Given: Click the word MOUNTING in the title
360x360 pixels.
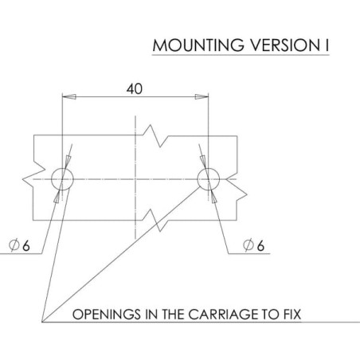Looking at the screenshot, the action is [x=198, y=45].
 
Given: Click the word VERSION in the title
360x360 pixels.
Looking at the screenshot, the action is [x=283, y=45].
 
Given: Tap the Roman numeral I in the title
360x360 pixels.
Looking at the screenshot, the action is [x=327, y=45].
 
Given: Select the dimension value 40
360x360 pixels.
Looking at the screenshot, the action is [x=135, y=89].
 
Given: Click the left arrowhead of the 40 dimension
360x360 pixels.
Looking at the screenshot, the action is [x=69, y=96].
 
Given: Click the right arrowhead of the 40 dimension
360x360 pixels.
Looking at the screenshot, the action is [x=202, y=96].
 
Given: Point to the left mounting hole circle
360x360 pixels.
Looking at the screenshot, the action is [x=62, y=168].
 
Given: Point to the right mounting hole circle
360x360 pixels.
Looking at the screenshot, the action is [x=209, y=168].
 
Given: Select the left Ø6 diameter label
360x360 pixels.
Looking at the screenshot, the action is [x=19, y=245].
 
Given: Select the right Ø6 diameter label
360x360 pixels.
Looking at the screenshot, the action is [x=254, y=245].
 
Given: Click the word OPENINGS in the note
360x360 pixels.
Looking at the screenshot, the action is [x=107, y=315].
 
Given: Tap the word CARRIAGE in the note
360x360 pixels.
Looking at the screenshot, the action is [x=224, y=315].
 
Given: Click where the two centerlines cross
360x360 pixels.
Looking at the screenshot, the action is [x=135, y=179].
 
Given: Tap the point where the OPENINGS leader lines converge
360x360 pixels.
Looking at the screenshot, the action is [x=42, y=322].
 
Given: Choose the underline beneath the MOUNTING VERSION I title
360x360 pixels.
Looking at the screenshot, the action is [x=241, y=55].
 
